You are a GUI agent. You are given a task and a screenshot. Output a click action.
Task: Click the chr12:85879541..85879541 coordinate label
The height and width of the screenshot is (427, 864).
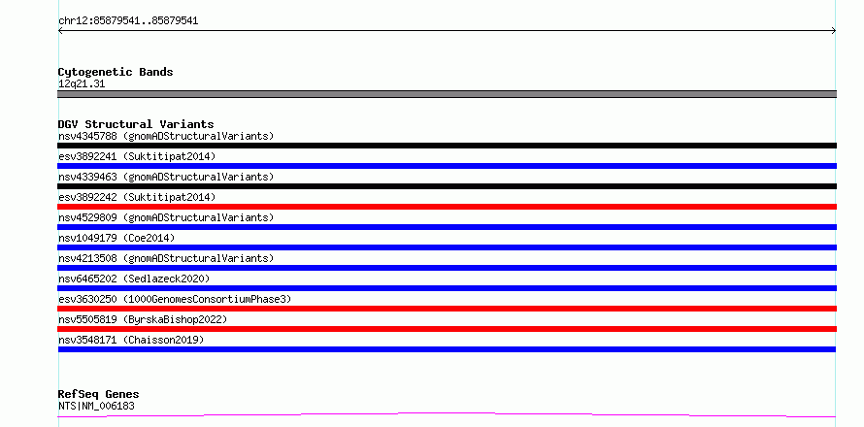[x=128, y=21]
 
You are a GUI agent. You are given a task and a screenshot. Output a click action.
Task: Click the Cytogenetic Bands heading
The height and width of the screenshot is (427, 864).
[x=116, y=72]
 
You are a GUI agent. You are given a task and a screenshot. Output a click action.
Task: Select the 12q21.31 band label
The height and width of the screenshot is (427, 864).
[x=82, y=84]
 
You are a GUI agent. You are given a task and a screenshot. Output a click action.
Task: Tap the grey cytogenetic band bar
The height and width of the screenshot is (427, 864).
[x=447, y=94]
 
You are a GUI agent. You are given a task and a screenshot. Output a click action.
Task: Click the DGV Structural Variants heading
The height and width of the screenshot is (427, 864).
[x=136, y=124]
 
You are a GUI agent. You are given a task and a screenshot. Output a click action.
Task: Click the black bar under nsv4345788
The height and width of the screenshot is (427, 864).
[x=447, y=146]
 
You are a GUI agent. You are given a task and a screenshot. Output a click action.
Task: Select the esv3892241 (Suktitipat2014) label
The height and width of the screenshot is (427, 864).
[x=137, y=156]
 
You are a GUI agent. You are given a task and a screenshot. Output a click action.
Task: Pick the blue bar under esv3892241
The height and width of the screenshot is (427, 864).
[x=447, y=166]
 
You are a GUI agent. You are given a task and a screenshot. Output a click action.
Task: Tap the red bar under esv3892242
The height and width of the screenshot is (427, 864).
[x=447, y=207]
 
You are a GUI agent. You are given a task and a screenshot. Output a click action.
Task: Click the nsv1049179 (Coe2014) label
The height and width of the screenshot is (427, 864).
[x=116, y=238]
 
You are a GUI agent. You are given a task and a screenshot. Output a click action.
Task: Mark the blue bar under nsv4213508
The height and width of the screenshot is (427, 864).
[x=447, y=268]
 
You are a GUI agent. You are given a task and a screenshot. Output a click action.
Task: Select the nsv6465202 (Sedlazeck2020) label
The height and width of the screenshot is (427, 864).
[x=134, y=279]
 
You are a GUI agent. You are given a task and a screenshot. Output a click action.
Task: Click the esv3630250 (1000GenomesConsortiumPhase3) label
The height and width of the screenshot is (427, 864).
[x=175, y=299]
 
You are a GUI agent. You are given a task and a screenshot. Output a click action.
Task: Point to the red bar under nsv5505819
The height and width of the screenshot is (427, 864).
[x=447, y=329]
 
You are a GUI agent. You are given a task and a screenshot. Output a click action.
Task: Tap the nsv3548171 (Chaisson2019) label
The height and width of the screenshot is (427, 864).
[x=131, y=340]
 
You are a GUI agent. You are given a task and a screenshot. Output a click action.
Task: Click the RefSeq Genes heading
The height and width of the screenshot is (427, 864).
[x=99, y=395]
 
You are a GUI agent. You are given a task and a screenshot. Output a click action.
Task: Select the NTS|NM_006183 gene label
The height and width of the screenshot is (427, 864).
[x=96, y=407]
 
